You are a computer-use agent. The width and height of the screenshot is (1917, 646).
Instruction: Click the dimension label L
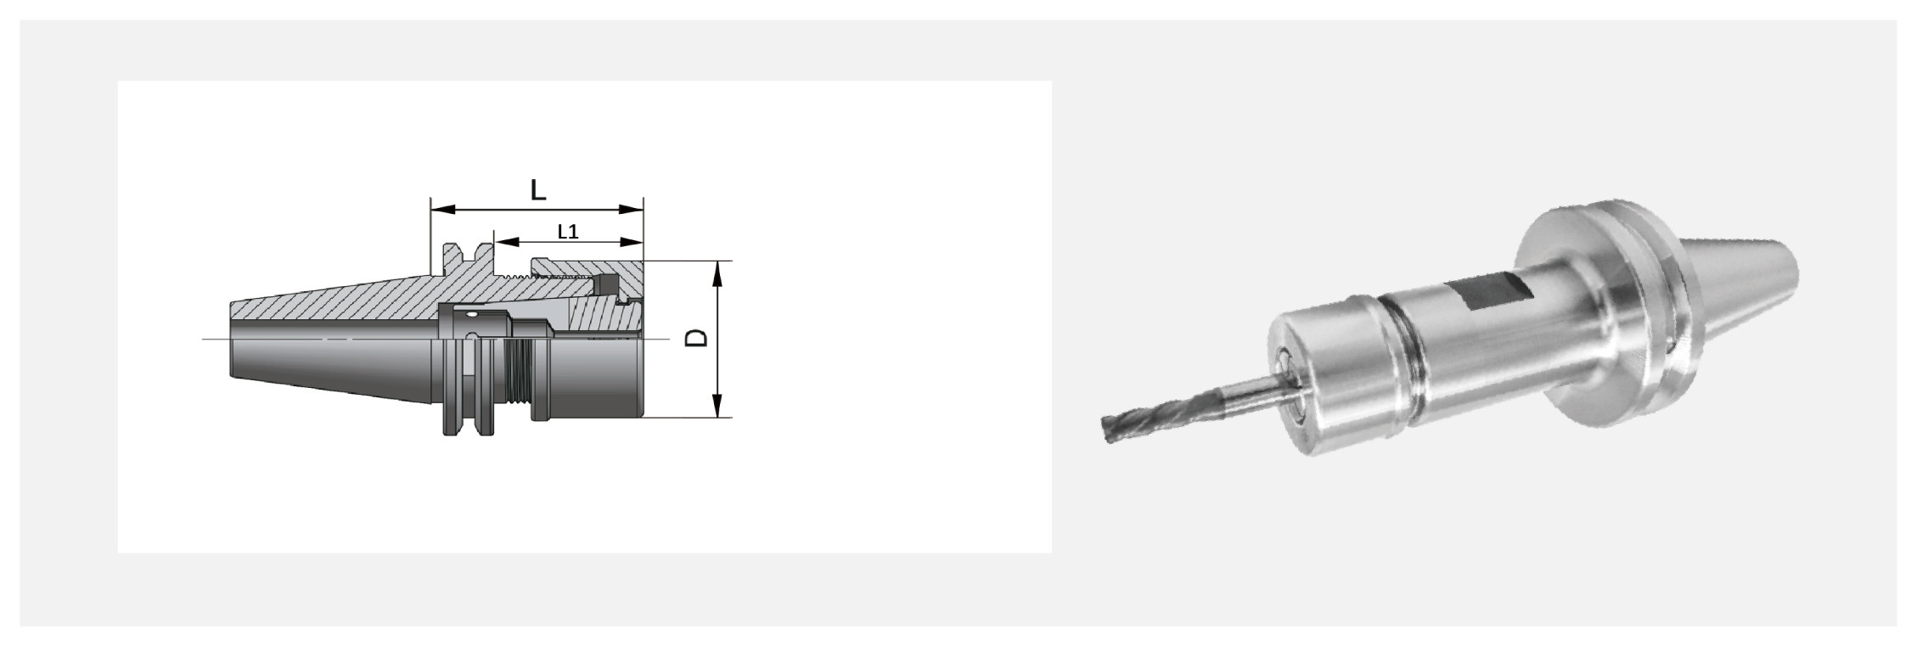[537, 189]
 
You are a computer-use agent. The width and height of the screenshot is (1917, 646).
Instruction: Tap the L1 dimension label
[568, 231]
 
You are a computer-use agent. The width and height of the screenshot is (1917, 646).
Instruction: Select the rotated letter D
[696, 338]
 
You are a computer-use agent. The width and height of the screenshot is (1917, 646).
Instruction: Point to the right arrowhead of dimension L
[631, 209]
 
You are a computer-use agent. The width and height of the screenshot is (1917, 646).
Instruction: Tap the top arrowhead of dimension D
[718, 273]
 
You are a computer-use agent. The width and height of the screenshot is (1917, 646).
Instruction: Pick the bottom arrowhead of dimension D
[718, 405]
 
